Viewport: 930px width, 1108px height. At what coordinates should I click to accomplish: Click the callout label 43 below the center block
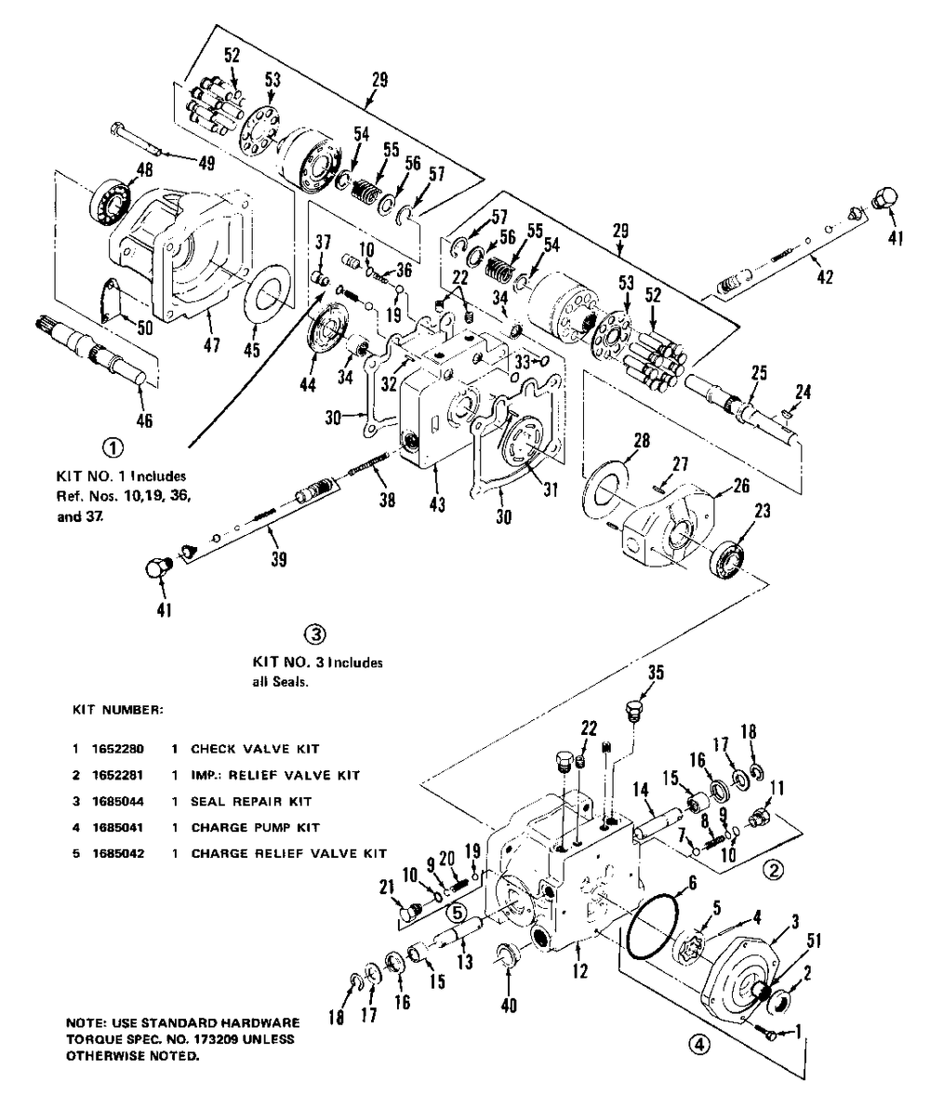[x=437, y=505]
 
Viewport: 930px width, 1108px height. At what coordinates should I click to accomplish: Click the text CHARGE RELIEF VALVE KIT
[x=288, y=853]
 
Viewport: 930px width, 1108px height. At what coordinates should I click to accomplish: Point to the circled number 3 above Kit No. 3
[x=316, y=634]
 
